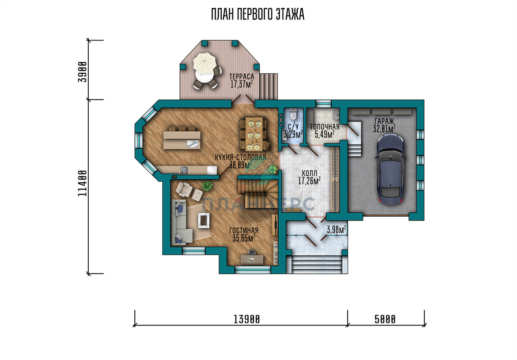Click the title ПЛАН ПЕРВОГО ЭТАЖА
[258, 15]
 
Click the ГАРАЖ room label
[384, 121]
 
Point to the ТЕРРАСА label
[242, 76]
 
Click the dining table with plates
[254, 134]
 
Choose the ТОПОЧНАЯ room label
[324, 127]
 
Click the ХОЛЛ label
[309, 173]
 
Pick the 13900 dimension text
[247, 320]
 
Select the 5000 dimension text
[385, 320]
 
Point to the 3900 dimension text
[83, 72]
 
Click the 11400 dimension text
[82, 183]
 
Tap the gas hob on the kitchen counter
[184, 171]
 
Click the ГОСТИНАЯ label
[244, 230]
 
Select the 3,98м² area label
[336, 229]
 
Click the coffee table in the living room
[204, 220]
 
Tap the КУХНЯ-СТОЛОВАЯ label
[240, 158]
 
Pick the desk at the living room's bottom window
[252, 260]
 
